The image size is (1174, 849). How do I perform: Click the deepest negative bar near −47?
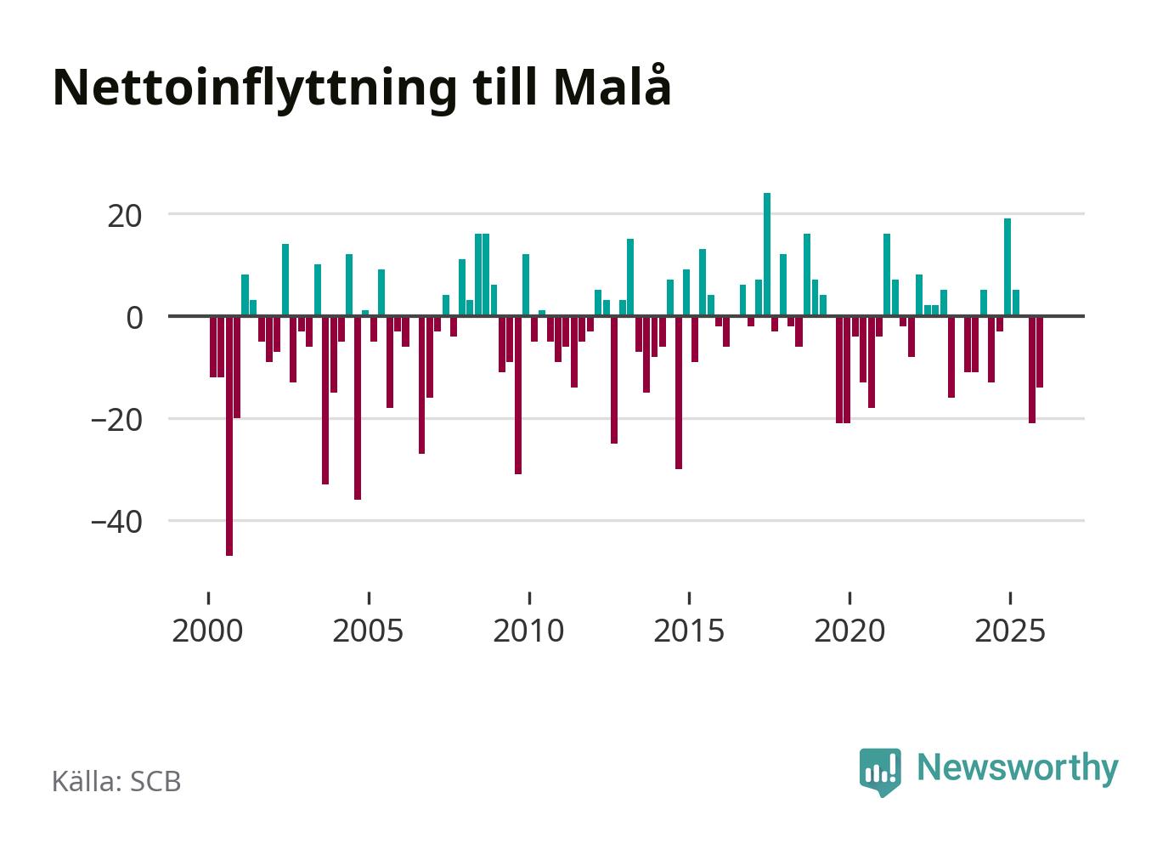[x=229, y=435]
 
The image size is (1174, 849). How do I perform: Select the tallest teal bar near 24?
[x=767, y=254]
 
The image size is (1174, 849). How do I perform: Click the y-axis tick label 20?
[x=123, y=215]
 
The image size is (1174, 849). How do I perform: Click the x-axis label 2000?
[x=208, y=631]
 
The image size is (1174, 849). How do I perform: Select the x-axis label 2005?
[x=368, y=631]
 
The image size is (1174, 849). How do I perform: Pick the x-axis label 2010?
[x=528, y=631]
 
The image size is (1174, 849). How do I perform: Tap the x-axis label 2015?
[x=689, y=631]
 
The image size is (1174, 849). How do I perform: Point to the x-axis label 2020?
[x=849, y=631]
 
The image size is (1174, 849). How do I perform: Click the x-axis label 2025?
[x=1009, y=631]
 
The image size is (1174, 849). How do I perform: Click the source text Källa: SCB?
[x=116, y=781]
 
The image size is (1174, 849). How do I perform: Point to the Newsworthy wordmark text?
[x=1018, y=767]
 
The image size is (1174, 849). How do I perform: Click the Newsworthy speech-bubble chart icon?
[x=880, y=772]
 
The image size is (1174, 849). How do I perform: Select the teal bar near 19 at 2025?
[x=1007, y=267]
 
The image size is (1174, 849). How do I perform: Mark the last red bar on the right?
[x=1040, y=352]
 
